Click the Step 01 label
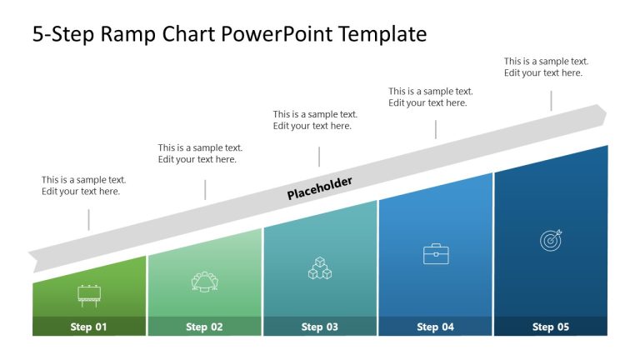coord(88,327)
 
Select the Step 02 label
coord(204,327)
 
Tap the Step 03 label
coord(319,327)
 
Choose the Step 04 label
coord(435,327)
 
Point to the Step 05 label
coord(550,327)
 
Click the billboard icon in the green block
coord(88,292)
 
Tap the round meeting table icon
coord(204,282)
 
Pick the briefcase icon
coord(436,254)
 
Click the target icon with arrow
coord(551,240)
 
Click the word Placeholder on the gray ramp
coord(320,188)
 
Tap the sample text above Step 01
coord(83,185)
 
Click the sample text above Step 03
coord(315,120)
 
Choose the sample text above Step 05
coord(546,67)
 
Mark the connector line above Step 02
coord(205,189)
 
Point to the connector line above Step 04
coord(435,129)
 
